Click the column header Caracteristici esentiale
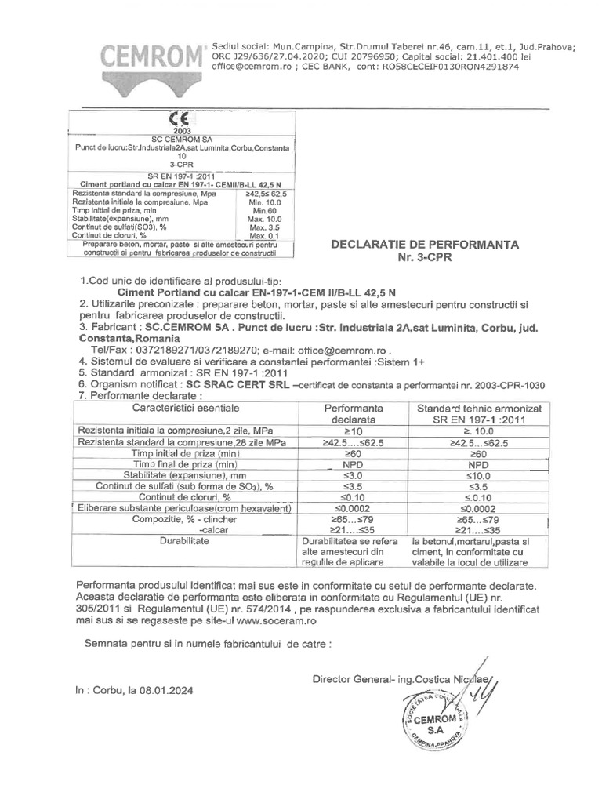click(186, 409)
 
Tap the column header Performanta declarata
click(353, 415)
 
